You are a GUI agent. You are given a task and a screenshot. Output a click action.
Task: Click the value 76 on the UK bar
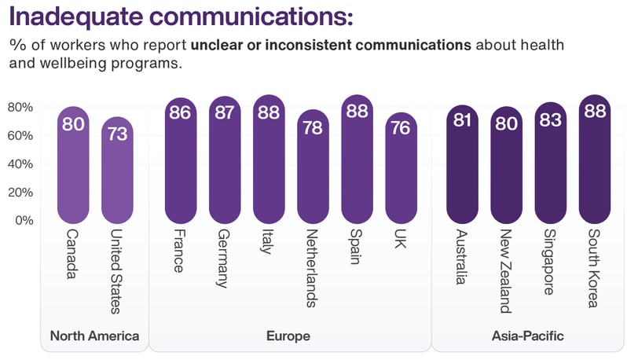pos(400,127)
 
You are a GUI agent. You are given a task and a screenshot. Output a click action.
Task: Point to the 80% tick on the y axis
pos(20,107)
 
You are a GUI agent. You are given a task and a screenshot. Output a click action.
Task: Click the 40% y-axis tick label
pos(20,163)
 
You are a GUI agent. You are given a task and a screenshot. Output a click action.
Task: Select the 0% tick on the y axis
pos(24,220)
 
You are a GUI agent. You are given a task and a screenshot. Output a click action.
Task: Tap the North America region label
pos(94,336)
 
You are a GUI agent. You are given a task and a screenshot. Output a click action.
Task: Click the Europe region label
pos(288,336)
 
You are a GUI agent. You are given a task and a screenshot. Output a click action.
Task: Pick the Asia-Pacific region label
pos(527,336)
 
